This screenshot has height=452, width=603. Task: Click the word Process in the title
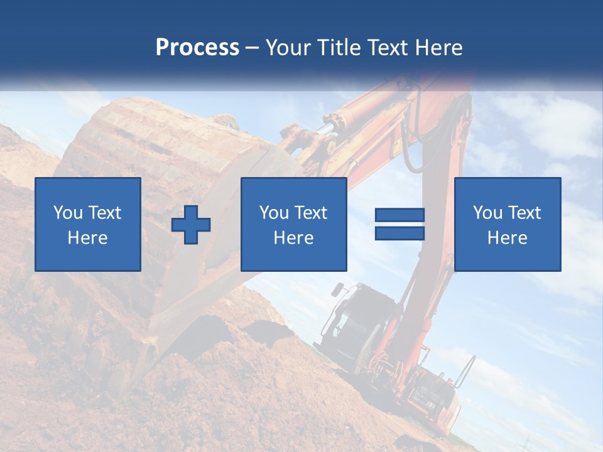[x=197, y=47]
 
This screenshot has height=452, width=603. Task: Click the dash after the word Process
[x=252, y=48]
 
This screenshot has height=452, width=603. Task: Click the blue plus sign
[x=191, y=225]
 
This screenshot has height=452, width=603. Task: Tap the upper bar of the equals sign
[x=399, y=215]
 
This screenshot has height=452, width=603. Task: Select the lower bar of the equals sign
[x=399, y=233]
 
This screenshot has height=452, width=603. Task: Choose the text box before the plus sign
[x=87, y=224]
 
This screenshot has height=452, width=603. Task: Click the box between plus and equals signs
[x=293, y=224]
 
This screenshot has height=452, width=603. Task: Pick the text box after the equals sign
[x=507, y=224]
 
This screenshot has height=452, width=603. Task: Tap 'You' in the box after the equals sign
[x=487, y=213]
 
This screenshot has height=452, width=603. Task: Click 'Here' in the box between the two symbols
[x=293, y=238]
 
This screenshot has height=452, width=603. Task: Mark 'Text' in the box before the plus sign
[x=105, y=213]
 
